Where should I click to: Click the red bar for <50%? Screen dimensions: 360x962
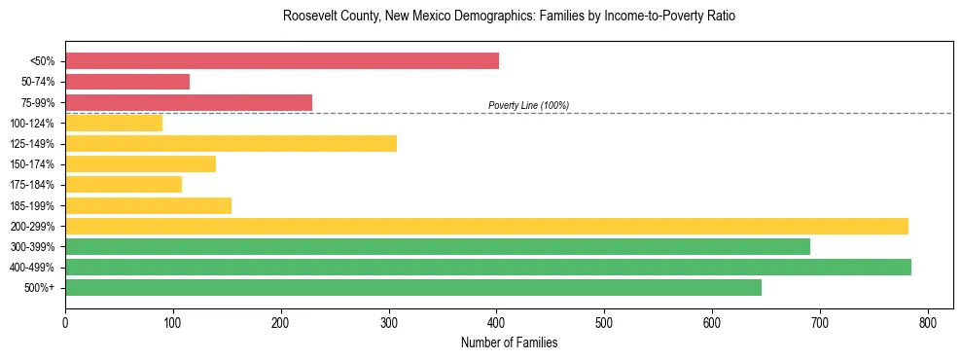coord(282,61)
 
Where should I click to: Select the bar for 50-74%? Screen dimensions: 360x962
coord(127,82)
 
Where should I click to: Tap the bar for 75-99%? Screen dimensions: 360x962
coord(189,102)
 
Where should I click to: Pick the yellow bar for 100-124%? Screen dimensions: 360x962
coord(114,124)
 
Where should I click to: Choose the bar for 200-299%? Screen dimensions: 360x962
coord(486,226)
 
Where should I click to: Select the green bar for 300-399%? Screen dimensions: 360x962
coord(438,247)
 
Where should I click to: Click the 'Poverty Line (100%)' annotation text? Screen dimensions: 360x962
coord(528,105)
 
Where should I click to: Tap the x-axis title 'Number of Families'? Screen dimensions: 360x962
coord(509,342)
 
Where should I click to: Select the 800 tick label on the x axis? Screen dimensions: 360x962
coord(928,322)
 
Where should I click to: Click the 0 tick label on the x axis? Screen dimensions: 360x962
coord(65,322)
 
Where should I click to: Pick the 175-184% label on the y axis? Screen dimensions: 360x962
coord(32,185)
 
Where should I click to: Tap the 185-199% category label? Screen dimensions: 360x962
coord(32,206)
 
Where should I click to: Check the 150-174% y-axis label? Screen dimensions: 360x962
coord(32,164)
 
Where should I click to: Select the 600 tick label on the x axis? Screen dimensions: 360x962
coord(712,322)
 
